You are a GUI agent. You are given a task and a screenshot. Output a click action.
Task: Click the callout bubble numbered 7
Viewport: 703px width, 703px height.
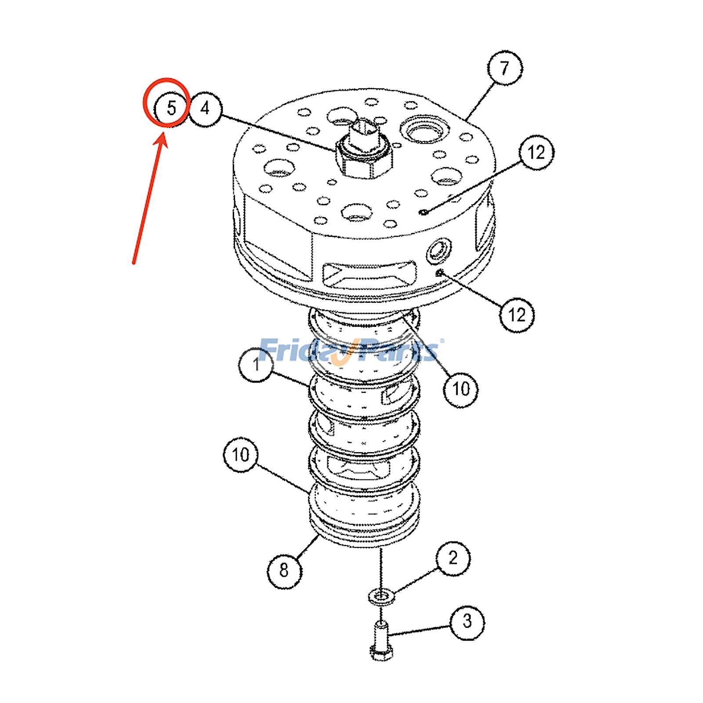click(505, 68)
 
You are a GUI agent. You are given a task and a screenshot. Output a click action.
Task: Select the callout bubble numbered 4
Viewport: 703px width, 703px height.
click(205, 109)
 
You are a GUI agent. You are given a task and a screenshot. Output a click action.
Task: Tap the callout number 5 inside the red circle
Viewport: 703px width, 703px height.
click(171, 108)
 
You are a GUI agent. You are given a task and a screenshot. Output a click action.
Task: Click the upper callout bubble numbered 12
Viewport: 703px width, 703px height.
click(536, 152)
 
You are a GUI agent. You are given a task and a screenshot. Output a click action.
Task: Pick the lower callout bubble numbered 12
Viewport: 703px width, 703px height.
click(517, 315)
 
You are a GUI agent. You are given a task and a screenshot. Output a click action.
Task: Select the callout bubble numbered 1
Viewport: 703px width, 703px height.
click(256, 365)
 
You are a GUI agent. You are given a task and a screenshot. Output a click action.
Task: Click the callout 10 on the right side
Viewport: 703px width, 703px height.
click(461, 389)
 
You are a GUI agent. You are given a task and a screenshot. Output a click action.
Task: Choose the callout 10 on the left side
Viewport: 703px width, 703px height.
click(240, 455)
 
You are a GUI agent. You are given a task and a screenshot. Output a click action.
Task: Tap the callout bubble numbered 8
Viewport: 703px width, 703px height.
click(284, 570)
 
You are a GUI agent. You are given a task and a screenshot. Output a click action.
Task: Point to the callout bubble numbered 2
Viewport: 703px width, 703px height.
click(453, 558)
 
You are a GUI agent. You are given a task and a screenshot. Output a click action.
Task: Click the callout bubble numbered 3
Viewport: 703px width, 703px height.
click(467, 622)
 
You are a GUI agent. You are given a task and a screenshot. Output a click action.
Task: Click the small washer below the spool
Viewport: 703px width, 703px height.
click(381, 596)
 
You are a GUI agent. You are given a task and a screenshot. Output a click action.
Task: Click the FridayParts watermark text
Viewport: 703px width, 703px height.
click(349, 351)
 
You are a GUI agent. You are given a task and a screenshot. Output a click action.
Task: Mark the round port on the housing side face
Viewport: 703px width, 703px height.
click(438, 252)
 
